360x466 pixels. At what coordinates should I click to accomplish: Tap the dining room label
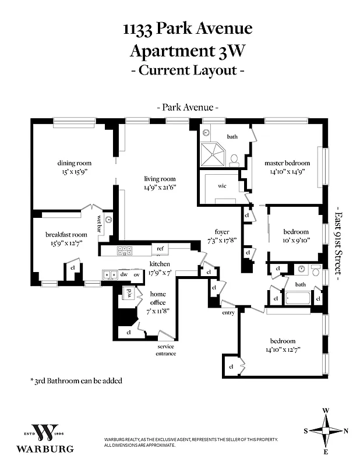point(74,163)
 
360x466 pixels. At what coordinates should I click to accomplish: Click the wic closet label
point(223,186)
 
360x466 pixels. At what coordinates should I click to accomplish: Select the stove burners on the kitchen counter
point(125,251)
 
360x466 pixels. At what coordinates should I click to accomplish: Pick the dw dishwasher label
point(124,274)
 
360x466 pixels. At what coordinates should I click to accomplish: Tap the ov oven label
point(137,274)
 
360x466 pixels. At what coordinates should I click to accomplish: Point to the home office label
point(158,298)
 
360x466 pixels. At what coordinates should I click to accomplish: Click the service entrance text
point(166,349)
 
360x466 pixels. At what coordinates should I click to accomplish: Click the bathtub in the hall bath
point(299,298)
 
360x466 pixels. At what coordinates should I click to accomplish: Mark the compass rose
point(326,431)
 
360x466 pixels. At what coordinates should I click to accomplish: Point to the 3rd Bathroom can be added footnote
point(76,380)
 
